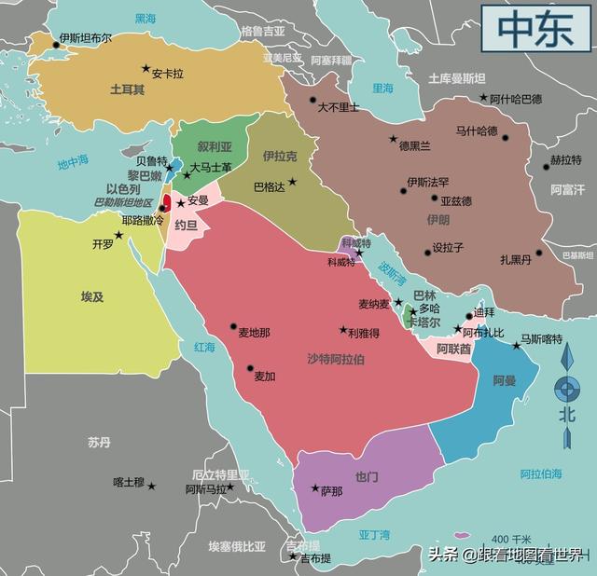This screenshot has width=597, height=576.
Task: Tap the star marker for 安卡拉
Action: pyautogui.click(x=146, y=68)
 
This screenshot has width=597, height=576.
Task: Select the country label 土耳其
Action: pyautogui.click(x=127, y=90)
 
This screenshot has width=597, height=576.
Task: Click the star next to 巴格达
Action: pyautogui.click(x=292, y=182)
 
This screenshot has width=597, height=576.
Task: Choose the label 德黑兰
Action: pyautogui.click(x=414, y=146)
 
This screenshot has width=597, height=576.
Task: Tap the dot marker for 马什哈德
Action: pyautogui.click(x=506, y=138)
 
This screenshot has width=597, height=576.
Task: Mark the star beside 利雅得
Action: pyautogui.click(x=342, y=330)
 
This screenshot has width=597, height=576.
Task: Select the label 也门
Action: pyautogui.click(x=367, y=477)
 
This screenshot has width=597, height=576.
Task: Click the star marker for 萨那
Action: pyautogui.click(x=315, y=488)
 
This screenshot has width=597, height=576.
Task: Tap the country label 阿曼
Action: pyautogui.click(x=505, y=380)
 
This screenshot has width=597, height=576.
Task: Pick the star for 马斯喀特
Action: pyautogui.click(x=517, y=346)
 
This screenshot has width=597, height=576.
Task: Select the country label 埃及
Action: pyautogui.click(x=92, y=296)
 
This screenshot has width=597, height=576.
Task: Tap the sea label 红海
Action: pyautogui.click(x=204, y=347)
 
